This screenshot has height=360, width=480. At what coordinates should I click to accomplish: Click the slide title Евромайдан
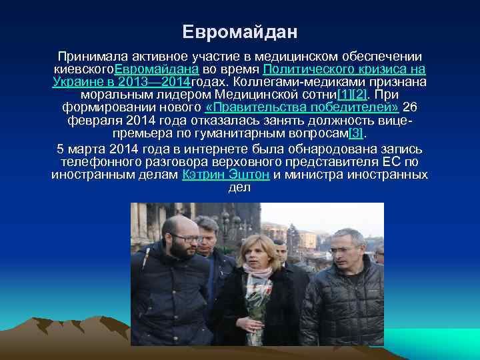pyautogui.click(x=240, y=31)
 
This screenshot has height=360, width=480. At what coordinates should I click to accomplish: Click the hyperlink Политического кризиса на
pyautogui.click(x=344, y=69)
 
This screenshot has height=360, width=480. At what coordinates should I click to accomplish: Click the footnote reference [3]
pyautogui.click(x=358, y=133)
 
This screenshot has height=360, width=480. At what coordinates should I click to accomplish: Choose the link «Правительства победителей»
pyautogui.click(x=302, y=107)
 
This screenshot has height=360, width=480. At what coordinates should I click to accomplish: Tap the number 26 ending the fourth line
pyautogui.click(x=411, y=107)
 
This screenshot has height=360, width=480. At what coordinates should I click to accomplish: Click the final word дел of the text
pyautogui.click(x=239, y=187)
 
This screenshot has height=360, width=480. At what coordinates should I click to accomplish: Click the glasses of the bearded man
pyautogui.click(x=189, y=238)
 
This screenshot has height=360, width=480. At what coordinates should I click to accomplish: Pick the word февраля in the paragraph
pyautogui.click(x=93, y=120)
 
